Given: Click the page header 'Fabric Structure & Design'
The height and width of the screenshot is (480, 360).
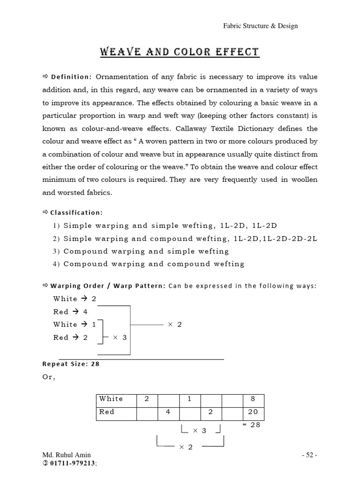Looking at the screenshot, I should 260,26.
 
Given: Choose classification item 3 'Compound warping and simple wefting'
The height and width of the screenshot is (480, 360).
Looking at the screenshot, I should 146,251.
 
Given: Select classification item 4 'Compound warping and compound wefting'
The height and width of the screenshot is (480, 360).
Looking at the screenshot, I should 154,264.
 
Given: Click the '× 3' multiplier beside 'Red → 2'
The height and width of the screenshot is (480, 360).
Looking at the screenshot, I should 120,337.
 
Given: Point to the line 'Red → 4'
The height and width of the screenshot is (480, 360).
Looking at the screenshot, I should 71,312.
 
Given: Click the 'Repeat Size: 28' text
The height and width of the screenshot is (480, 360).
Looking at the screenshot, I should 71,364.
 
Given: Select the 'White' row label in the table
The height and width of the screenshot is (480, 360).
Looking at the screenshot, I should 111,399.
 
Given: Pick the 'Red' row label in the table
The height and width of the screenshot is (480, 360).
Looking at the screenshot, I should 106,412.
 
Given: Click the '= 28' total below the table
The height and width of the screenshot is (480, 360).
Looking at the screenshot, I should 251,425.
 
